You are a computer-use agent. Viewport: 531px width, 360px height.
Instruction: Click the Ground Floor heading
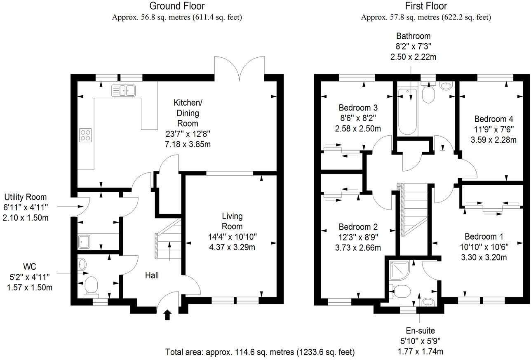(x=176, y=6)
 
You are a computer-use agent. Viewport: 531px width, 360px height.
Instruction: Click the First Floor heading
(x=426, y=6)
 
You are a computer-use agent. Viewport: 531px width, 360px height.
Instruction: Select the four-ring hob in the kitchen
(x=85, y=135)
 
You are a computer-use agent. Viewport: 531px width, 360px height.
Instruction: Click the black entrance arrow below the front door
(x=167, y=315)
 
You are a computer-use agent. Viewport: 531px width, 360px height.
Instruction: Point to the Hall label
(x=151, y=275)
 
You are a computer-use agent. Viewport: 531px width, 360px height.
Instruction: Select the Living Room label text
(x=232, y=221)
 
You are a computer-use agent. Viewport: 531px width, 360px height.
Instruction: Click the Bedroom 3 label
(x=358, y=108)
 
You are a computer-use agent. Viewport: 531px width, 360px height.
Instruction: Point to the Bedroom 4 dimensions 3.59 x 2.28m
(x=493, y=140)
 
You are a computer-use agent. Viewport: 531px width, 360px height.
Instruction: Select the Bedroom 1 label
(x=484, y=237)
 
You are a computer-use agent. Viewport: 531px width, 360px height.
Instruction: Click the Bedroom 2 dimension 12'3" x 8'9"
(x=358, y=237)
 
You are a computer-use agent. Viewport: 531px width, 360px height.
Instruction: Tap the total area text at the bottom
(x=260, y=352)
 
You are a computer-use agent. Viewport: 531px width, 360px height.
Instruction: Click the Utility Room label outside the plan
(x=25, y=197)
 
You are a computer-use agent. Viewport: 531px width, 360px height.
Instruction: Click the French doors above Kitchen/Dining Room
(x=240, y=68)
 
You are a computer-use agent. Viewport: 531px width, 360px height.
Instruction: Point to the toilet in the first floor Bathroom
(x=428, y=94)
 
